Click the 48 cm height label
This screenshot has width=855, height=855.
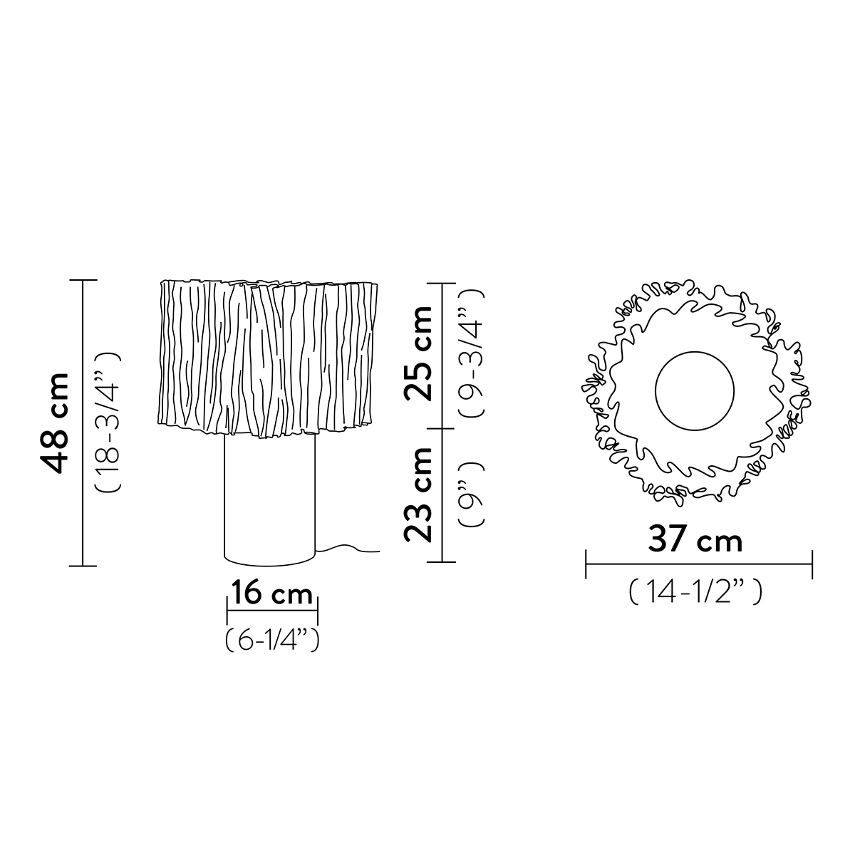click(x=55, y=423)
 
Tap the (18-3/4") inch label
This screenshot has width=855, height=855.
click(x=108, y=422)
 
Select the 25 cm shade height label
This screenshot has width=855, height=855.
click(x=418, y=353)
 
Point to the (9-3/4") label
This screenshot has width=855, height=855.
click(x=472, y=353)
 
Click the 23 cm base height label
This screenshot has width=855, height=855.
click(x=418, y=494)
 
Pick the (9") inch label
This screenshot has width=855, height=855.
click(x=472, y=494)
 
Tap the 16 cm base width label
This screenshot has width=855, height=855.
click(x=272, y=594)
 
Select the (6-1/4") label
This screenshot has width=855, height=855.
click(x=272, y=639)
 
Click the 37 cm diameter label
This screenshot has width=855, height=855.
click(x=695, y=540)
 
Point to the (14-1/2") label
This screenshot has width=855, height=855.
click(x=695, y=591)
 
